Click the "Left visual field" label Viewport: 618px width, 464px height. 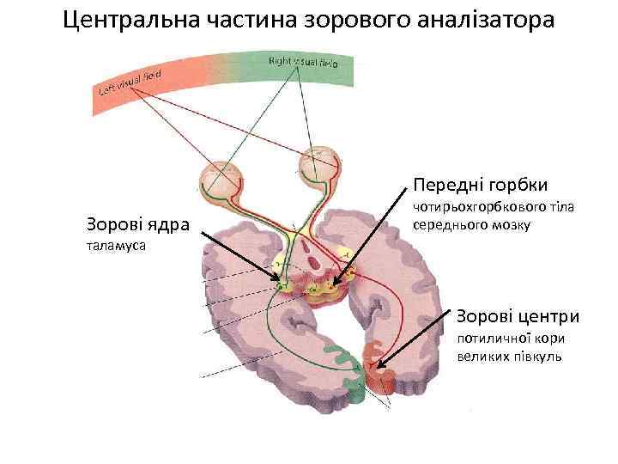click(131, 82)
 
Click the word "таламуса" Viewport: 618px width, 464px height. click(116, 246)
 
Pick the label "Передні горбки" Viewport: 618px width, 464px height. click(480, 185)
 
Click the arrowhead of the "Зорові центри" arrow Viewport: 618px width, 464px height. click(377, 367)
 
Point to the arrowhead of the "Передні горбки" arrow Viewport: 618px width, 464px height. click(336, 282)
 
